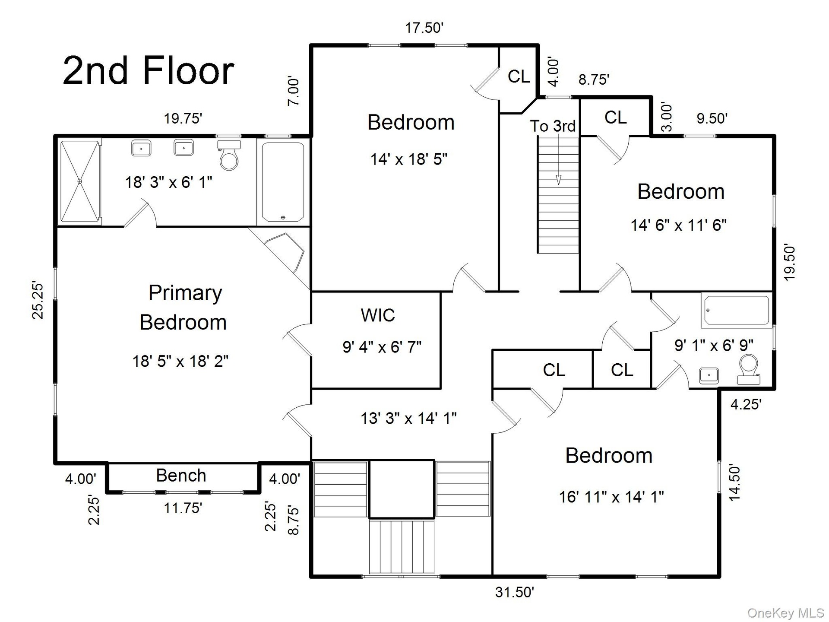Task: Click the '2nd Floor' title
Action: [149, 70]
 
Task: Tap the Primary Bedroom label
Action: [183, 308]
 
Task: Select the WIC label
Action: [378, 315]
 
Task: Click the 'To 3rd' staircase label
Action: [553, 126]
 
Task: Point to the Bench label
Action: [181, 475]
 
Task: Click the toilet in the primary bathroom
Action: [229, 155]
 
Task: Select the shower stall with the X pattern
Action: [80, 181]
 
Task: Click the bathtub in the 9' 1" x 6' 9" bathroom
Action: [736, 310]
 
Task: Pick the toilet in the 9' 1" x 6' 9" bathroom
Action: [749, 369]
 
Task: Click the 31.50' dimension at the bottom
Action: [515, 592]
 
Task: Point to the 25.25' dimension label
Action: [38, 301]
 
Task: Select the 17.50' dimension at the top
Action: [424, 28]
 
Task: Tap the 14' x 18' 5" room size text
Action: [408, 159]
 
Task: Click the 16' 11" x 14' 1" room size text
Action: [611, 497]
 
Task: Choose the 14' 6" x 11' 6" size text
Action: [679, 225]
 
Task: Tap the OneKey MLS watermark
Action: [785, 612]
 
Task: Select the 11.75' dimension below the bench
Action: [183, 508]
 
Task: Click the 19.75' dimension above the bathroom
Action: [183, 118]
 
